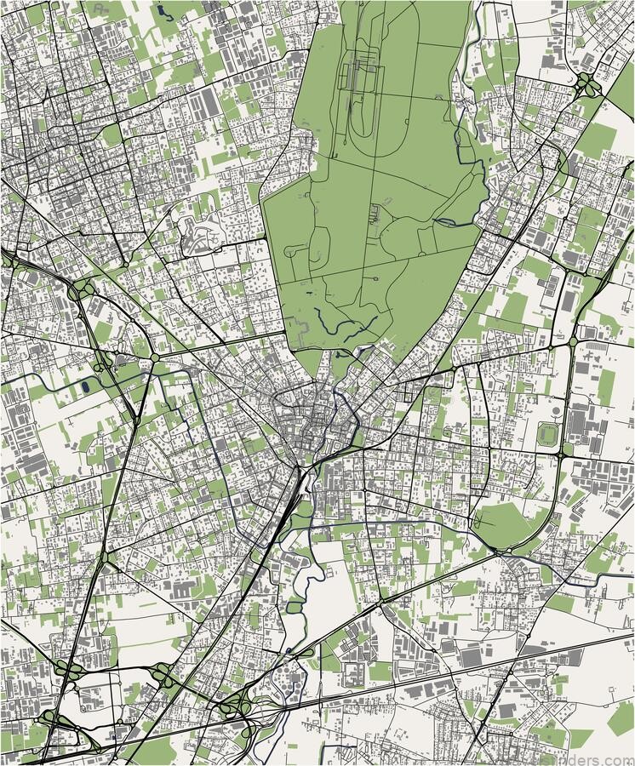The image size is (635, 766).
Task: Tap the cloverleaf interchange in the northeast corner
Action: pos(586,83)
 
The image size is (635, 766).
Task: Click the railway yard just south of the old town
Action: pos(293,494)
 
